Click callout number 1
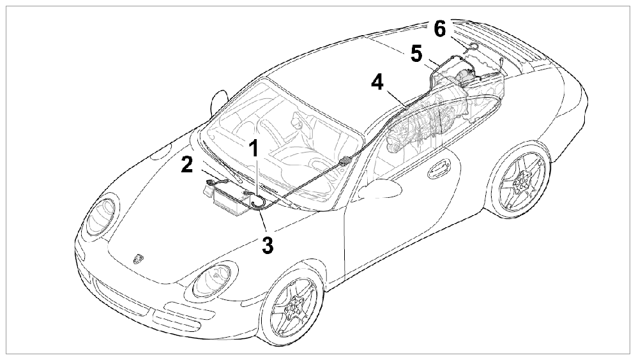point(254,148)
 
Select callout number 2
point(187,164)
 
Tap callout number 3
point(268,245)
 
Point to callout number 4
point(377,82)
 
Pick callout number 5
point(416,54)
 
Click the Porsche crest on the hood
point(139,259)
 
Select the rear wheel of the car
point(520,182)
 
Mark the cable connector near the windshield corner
point(345,161)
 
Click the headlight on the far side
point(100,214)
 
